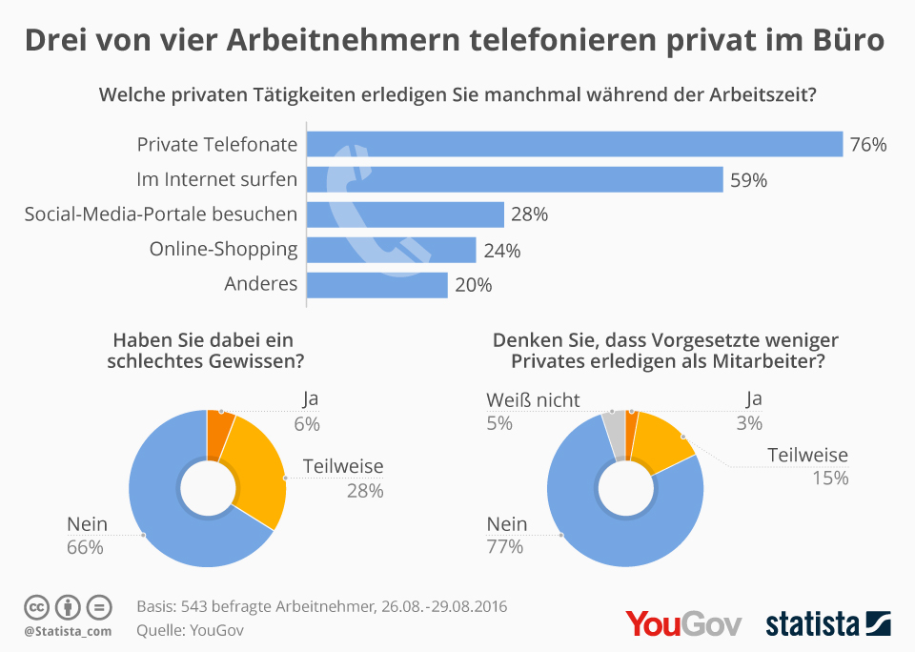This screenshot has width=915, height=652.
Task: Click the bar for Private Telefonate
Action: (575, 144)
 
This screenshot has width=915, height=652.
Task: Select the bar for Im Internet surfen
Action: (515, 179)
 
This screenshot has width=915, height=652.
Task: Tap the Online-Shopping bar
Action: (391, 250)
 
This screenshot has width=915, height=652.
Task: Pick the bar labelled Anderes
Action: (376, 285)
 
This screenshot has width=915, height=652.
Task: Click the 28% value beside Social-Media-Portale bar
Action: (529, 214)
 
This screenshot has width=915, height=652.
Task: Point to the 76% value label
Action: (868, 145)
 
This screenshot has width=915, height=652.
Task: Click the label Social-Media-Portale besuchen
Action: (160, 214)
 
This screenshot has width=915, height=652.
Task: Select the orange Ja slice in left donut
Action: (219, 422)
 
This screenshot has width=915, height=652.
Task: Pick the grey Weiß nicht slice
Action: (617, 435)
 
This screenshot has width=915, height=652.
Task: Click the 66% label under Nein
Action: (85, 546)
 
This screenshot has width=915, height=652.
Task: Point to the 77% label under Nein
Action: (505, 546)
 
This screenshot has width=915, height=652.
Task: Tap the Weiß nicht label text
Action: (533, 399)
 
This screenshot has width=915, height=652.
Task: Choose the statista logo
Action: (827, 623)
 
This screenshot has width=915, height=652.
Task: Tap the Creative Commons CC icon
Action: (37, 606)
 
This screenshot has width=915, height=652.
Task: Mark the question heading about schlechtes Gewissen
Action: (214, 351)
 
